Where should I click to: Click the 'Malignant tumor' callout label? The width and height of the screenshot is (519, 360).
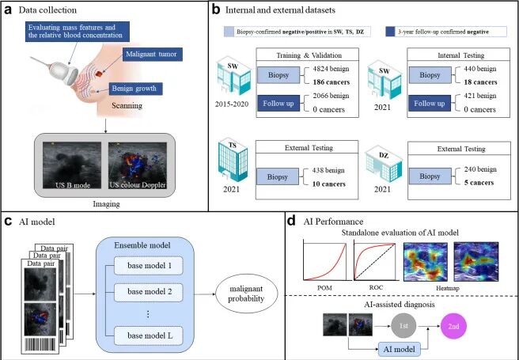pyautogui.click(x=152, y=55)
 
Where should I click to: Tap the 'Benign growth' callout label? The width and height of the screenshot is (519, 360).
pyautogui.click(x=136, y=89)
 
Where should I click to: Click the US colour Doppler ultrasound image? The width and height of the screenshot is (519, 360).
pyautogui.click(x=138, y=165)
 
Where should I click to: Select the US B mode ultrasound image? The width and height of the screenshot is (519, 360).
pyautogui.click(x=72, y=165)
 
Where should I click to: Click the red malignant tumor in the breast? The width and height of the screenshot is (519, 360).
pyautogui.click(x=100, y=74)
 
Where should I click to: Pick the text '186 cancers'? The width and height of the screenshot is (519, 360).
pyautogui.click(x=331, y=82)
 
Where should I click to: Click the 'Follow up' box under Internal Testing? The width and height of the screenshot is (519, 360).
pyautogui.click(x=430, y=104)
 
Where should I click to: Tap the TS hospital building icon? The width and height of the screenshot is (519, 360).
pyautogui.click(x=233, y=161)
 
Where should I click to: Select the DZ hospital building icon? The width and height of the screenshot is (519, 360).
pyautogui.click(x=384, y=165)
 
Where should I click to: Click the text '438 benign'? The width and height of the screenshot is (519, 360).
pyautogui.click(x=328, y=170)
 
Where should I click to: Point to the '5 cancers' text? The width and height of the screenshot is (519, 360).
pyautogui.click(x=479, y=183)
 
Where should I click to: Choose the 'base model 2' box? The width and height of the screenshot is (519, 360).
pyautogui.click(x=149, y=293)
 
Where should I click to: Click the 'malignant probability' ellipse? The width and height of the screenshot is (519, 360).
pyautogui.click(x=247, y=294)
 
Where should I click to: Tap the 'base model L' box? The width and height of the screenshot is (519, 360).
pyautogui.click(x=149, y=335)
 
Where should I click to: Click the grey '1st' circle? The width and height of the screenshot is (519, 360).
pyautogui.click(x=403, y=326)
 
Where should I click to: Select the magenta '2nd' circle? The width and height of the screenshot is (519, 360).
pyautogui.click(x=453, y=326)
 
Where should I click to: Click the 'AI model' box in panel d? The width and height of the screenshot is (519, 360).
pyautogui.click(x=400, y=350)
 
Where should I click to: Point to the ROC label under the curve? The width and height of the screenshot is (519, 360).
pyautogui.click(x=376, y=287)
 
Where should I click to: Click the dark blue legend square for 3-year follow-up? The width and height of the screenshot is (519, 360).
pyautogui.click(x=390, y=32)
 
